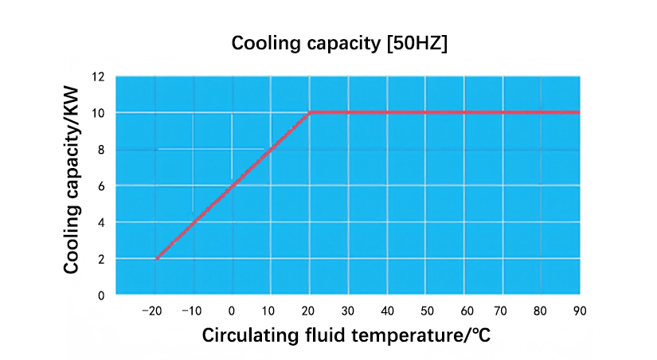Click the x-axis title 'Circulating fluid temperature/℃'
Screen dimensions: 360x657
[x=346, y=335]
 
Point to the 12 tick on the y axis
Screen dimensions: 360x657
[x=98, y=77]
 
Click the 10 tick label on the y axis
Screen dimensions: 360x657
[x=98, y=113]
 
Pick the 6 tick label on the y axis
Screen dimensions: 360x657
[x=101, y=186]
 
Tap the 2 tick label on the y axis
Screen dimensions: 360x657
[x=101, y=259]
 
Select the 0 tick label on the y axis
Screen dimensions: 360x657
[x=101, y=295]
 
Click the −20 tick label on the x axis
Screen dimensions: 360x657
[x=154, y=310]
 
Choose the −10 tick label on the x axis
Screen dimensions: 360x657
[x=193, y=310]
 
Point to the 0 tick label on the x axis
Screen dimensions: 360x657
[x=232, y=310]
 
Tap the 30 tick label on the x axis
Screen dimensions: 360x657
[x=348, y=310]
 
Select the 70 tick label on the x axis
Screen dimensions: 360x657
[x=502, y=310]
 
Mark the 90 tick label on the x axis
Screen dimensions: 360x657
[x=579, y=310]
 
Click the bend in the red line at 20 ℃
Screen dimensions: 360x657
[x=309, y=112]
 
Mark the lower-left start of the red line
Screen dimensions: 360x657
[x=158, y=258]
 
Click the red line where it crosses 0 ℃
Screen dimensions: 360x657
[x=232, y=186]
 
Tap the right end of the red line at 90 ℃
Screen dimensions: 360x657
[x=578, y=112]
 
